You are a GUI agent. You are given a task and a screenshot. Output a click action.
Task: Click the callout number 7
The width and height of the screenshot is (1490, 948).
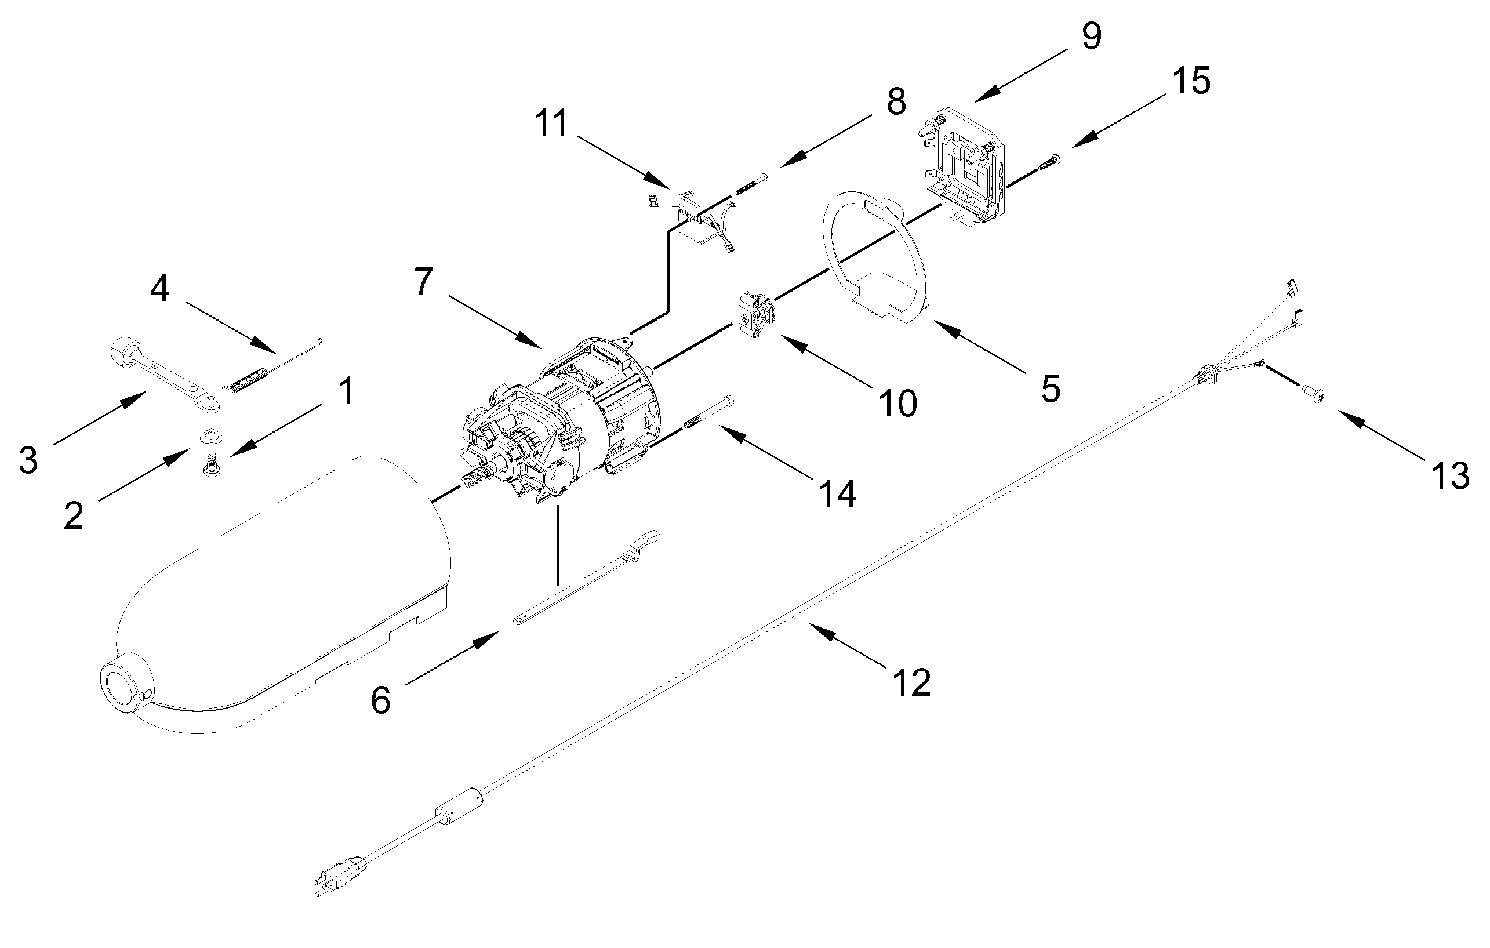click(x=423, y=282)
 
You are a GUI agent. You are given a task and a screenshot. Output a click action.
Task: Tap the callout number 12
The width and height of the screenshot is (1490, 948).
click(x=911, y=682)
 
